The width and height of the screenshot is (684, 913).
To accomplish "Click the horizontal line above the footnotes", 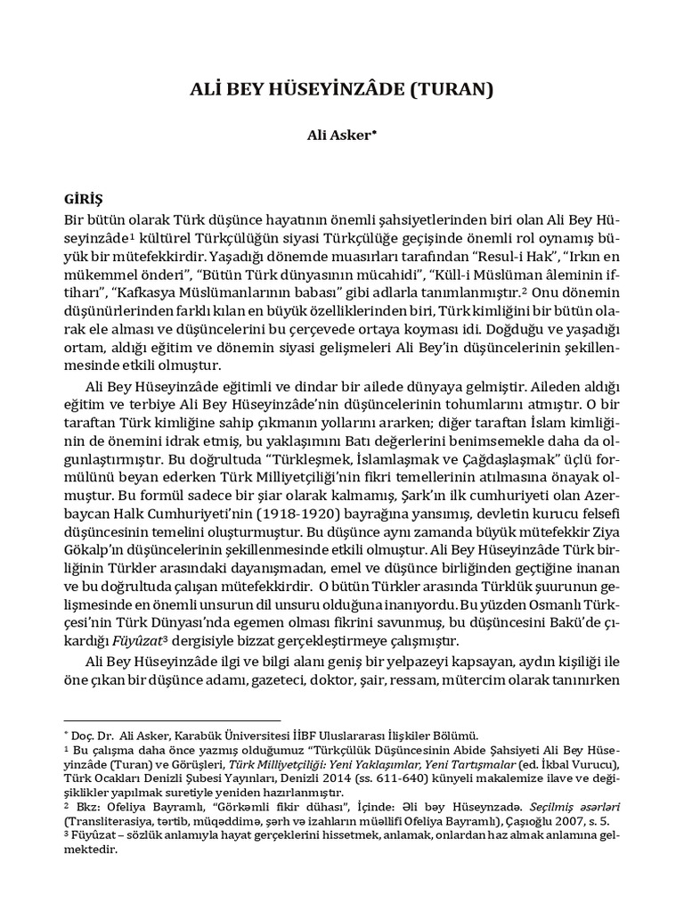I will pos(173,720).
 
